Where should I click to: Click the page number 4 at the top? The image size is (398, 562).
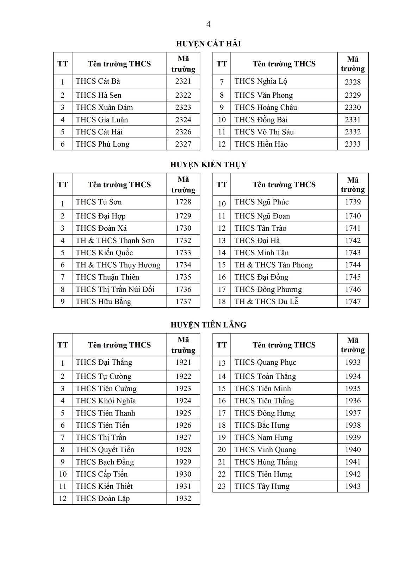pyautogui.click(x=208, y=24)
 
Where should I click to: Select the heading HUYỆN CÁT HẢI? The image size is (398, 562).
pyautogui.click(x=208, y=44)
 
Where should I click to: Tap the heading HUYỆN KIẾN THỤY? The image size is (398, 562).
pyautogui.click(x=208, y=165)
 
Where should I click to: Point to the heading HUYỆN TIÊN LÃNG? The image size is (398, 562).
pyautogui.click(x=208, y=325)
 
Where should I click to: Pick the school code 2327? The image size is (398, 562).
pyautogui.click(x=183, y=144)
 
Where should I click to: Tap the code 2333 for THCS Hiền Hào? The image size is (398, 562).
pyautogui.click(x=353, y=144)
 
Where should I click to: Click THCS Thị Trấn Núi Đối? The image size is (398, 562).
pyautogui.click(x=115, y=289)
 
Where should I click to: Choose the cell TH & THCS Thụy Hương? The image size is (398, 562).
pyautogui.click(x=118, y=265)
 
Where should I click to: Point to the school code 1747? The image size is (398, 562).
pyautogui.click(x=353, y=302)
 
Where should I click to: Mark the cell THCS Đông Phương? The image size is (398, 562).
pyautogui.click(x=268, y=289)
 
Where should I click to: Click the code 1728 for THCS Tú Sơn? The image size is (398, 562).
pyautogui.click(x=183, y=202)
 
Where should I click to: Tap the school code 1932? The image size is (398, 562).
pyautogui.click(x=183, y=499)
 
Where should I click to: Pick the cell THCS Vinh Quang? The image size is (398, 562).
pyautogui.click(x=265, y=450)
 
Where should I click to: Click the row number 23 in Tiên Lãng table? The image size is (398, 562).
pyautogui.click(x=222, y=486)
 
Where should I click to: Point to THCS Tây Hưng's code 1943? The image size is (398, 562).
pyautogui.click(x=353, y=486)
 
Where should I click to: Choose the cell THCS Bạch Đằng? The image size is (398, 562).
pyautogui.click(x=105, y=462)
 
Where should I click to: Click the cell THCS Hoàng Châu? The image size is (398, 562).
pyautogui.click(x=266, y=108)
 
